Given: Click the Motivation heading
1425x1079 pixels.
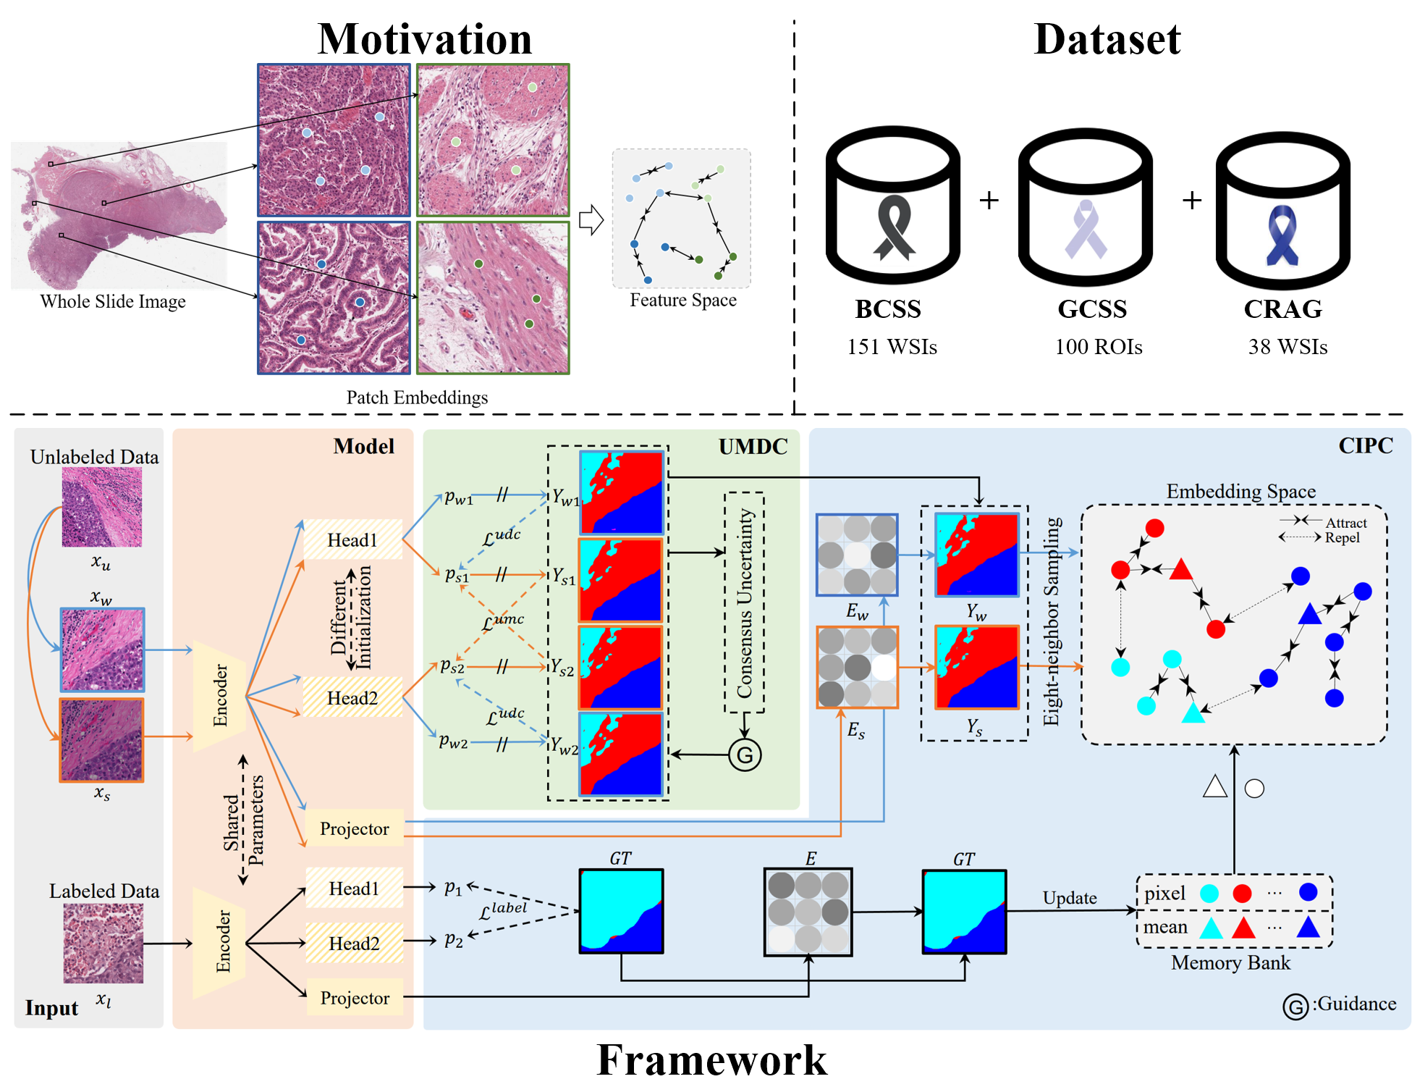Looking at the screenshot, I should click(425, 38).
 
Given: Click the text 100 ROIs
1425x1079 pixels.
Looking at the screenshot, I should click(1098, 347).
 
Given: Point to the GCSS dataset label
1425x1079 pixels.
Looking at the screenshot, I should click(1092, 309).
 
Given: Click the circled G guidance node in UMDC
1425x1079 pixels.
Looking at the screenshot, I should click(745, 755).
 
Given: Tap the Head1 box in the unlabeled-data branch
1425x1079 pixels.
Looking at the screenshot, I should click(352, 539).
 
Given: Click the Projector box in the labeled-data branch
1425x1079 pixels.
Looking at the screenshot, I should click(355, 998).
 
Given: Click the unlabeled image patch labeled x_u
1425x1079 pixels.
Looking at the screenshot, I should click(102, 507).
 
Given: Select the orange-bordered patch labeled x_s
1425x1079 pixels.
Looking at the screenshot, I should click(102, 740).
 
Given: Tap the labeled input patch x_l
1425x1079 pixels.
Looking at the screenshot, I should click(103, 943).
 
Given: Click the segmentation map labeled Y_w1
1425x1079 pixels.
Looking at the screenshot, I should click(622, 493).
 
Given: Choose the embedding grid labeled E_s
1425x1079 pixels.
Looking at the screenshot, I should click(858, 667).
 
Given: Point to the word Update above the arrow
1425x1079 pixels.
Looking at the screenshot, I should click(1069, 898).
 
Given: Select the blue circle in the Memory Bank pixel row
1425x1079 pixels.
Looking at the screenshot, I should click(1308, 891).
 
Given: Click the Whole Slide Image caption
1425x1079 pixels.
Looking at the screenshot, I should click(113, 301).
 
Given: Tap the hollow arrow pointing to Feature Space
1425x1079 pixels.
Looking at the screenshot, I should click(591, 220).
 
